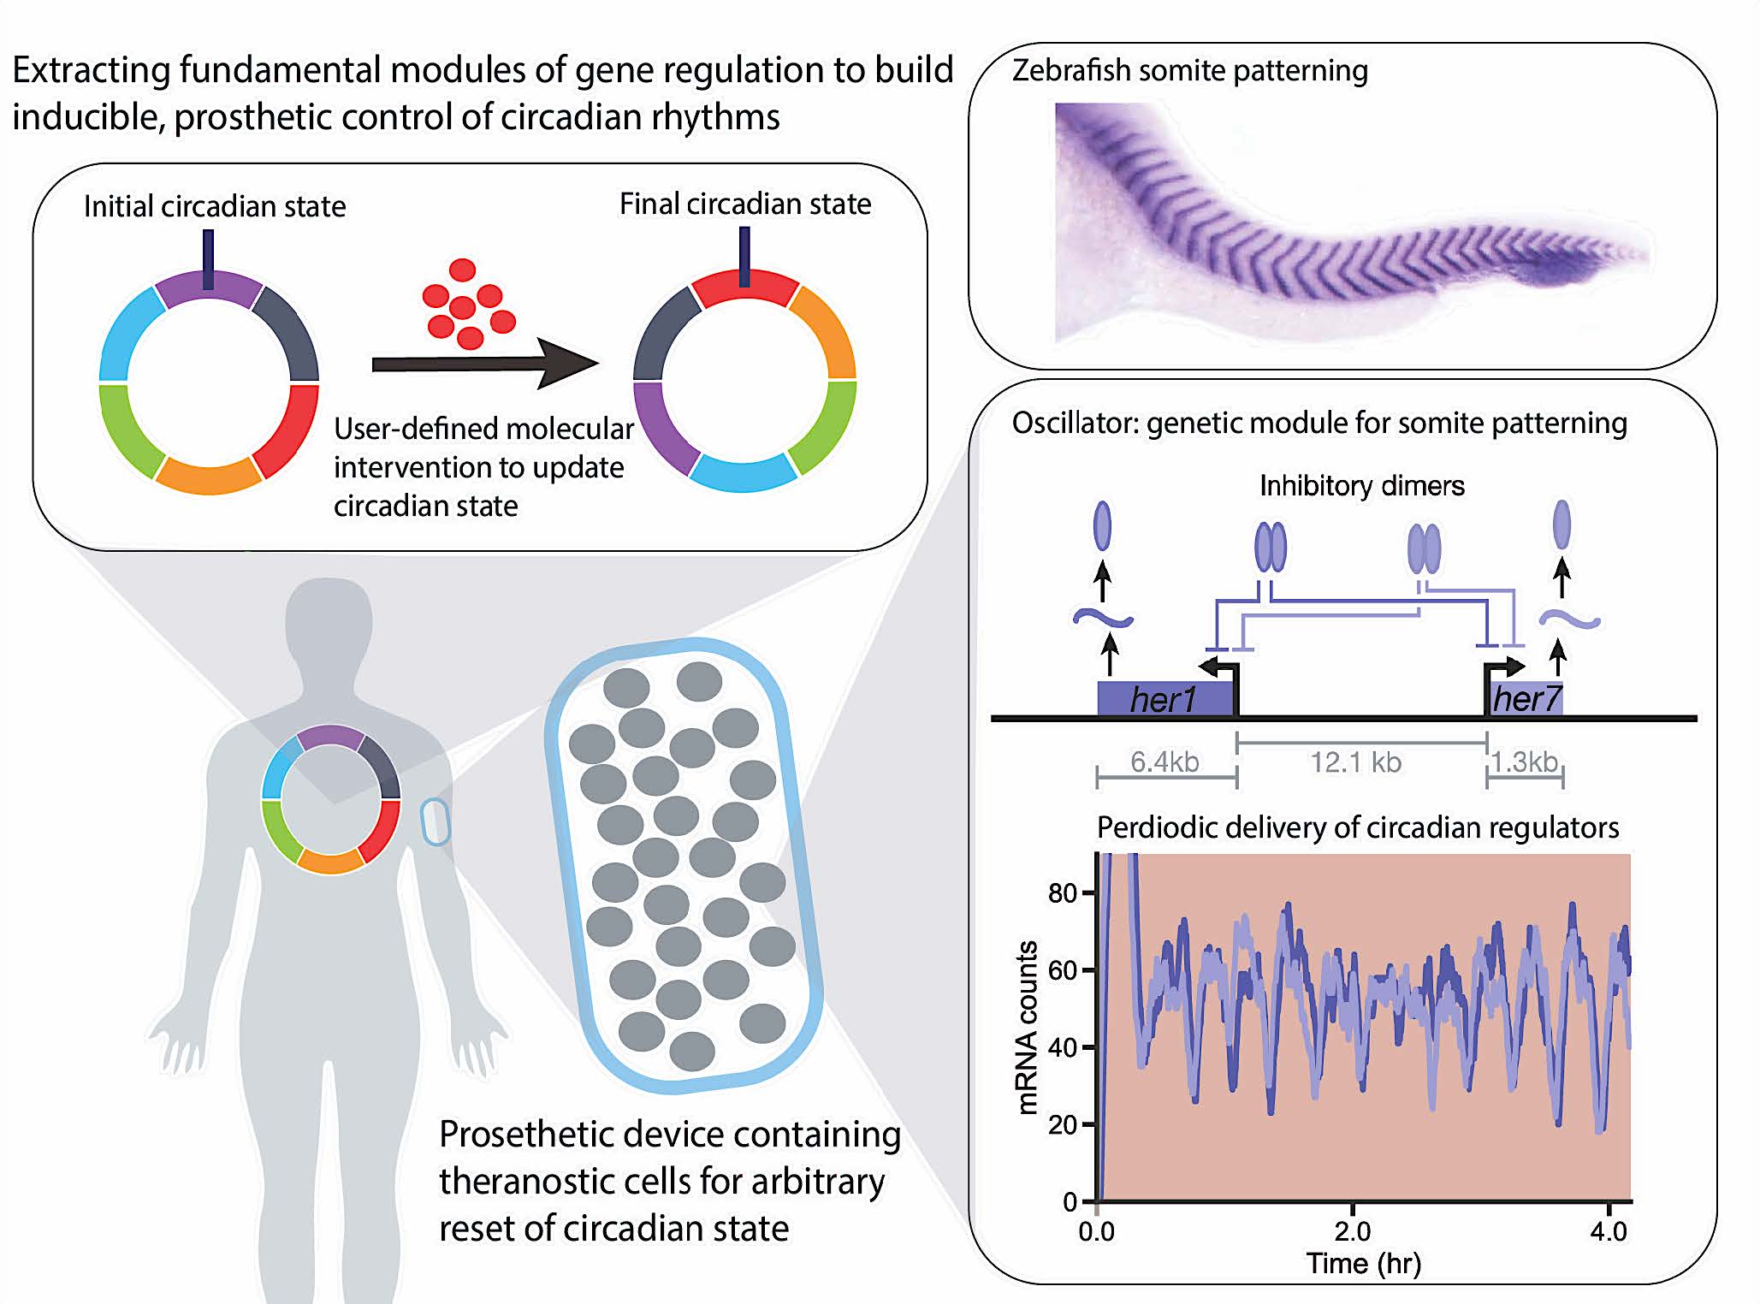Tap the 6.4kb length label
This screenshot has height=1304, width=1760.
[x=1164, y=761]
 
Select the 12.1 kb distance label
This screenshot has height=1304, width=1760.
[x=1356, y=762]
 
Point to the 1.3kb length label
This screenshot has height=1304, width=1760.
[x=1525, y=761]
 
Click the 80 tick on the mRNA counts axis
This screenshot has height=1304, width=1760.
[x=1064, y=893]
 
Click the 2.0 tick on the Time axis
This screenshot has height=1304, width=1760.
[x=1352, y=1231]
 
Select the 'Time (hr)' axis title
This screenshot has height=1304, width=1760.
[x=1363, y=1264]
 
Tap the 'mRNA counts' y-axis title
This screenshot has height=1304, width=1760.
[x=1028, y=1027]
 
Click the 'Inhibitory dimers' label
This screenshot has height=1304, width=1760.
[x=1362, y=486]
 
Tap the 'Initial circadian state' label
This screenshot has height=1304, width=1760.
[x=215, y=206]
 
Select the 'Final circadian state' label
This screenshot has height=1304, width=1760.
[x=745, y=204]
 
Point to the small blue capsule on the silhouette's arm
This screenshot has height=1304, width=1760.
[x=436, y=821]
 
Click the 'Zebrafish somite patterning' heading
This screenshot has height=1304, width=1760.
[x=1190, y=70]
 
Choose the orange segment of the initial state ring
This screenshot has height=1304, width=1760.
[x=208, y=475]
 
